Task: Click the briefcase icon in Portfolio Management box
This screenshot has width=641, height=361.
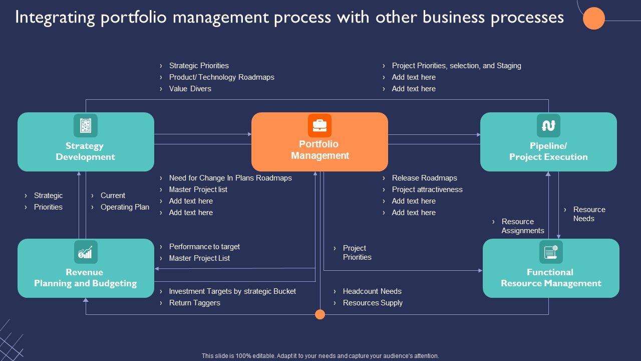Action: pos(319,125)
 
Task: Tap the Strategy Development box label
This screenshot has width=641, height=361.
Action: pos(85,151)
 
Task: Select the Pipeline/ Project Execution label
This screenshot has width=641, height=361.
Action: pos(548,151)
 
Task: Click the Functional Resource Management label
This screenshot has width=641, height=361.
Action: pos(550,278)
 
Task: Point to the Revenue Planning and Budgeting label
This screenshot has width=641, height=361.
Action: pos(85,278)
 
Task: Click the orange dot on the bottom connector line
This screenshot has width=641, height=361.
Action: pos(320,314)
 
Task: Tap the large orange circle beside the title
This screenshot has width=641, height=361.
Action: pos(594,19)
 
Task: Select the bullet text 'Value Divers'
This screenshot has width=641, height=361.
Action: pos(190,89)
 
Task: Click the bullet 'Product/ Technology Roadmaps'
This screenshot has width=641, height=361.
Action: pos(221,77)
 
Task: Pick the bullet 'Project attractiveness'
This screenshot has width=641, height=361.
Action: pos(427,190)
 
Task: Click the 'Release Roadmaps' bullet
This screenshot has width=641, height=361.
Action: pos(424,178)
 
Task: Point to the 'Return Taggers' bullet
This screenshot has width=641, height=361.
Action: pos(194,303)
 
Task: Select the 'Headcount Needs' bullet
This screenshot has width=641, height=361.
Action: pos(372,291)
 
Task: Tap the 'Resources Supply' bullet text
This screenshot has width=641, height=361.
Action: pos(373,303)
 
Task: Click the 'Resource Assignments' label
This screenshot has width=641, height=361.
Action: pos(522,226)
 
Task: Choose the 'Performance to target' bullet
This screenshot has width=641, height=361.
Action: pos(204,247)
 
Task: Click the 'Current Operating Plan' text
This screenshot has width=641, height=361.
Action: pos(124,201)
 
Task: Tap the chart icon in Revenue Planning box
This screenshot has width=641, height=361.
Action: pos(86,252)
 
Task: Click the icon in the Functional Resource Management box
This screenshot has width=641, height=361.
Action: pos(551,252)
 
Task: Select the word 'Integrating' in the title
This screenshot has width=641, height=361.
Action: pos(55,18)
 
